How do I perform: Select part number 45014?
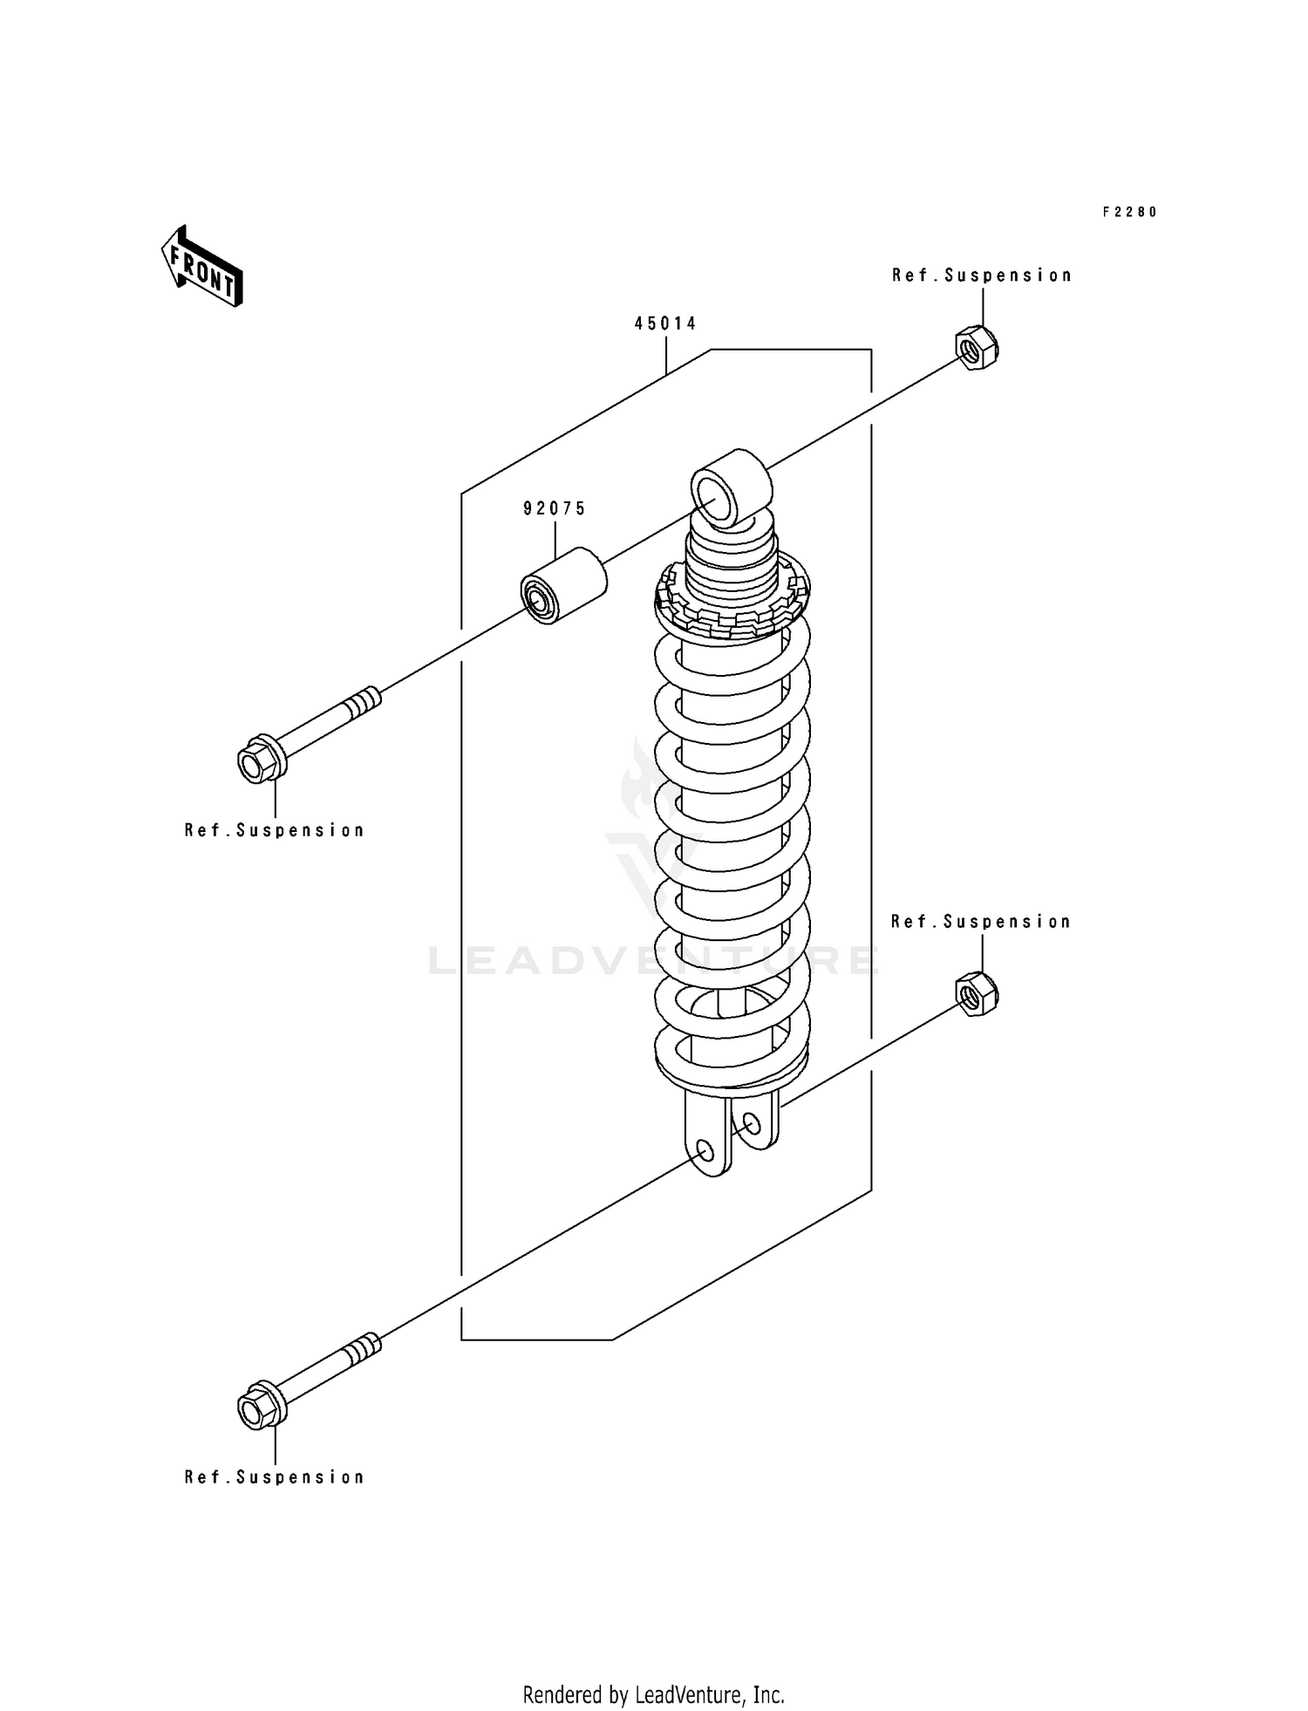(665, 324)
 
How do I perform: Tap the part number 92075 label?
(555, 508)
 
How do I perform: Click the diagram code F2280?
(1129, 212)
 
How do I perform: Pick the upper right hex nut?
(978, 346)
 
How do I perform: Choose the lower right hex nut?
(978, 994)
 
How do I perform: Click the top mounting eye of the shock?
(730, 488)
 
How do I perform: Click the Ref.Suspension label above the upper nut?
(982, 276)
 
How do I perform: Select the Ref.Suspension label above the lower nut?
(981, 922)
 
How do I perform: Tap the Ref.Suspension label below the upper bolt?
(275, 830)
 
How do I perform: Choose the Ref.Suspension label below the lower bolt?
(275, 1477)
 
